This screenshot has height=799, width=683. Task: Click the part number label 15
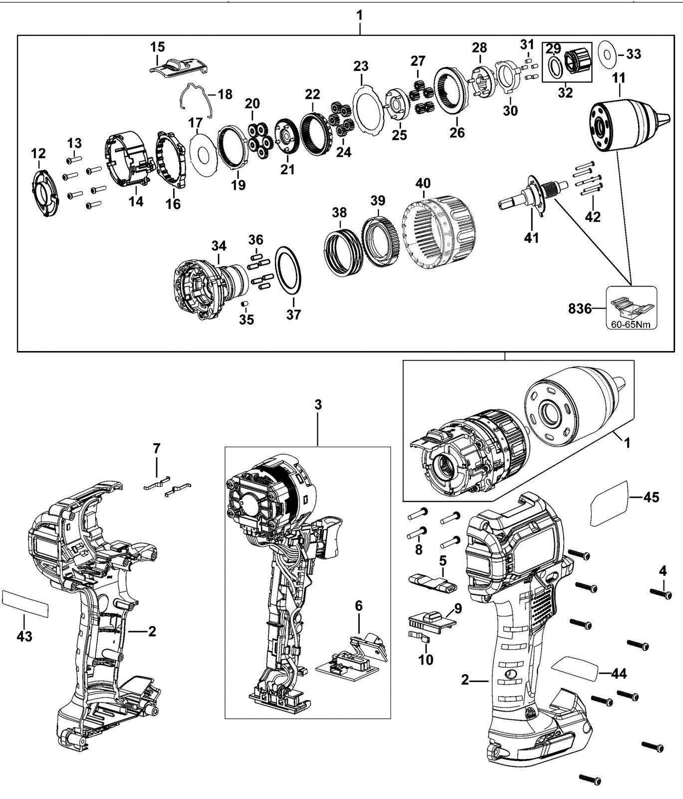pyautogui.click(x=157, y=47)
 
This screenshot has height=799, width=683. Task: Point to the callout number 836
pyautogui.click(x=580, y=309)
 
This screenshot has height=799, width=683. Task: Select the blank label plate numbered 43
pyautogui.click(x=25, y=603)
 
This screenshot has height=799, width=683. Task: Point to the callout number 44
pyautogui.click(x=619, y=674)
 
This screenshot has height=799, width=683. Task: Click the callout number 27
pyautogui.click(x=418, y=61)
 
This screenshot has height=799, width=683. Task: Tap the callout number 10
pyautogui.click(x=426, y=660)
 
